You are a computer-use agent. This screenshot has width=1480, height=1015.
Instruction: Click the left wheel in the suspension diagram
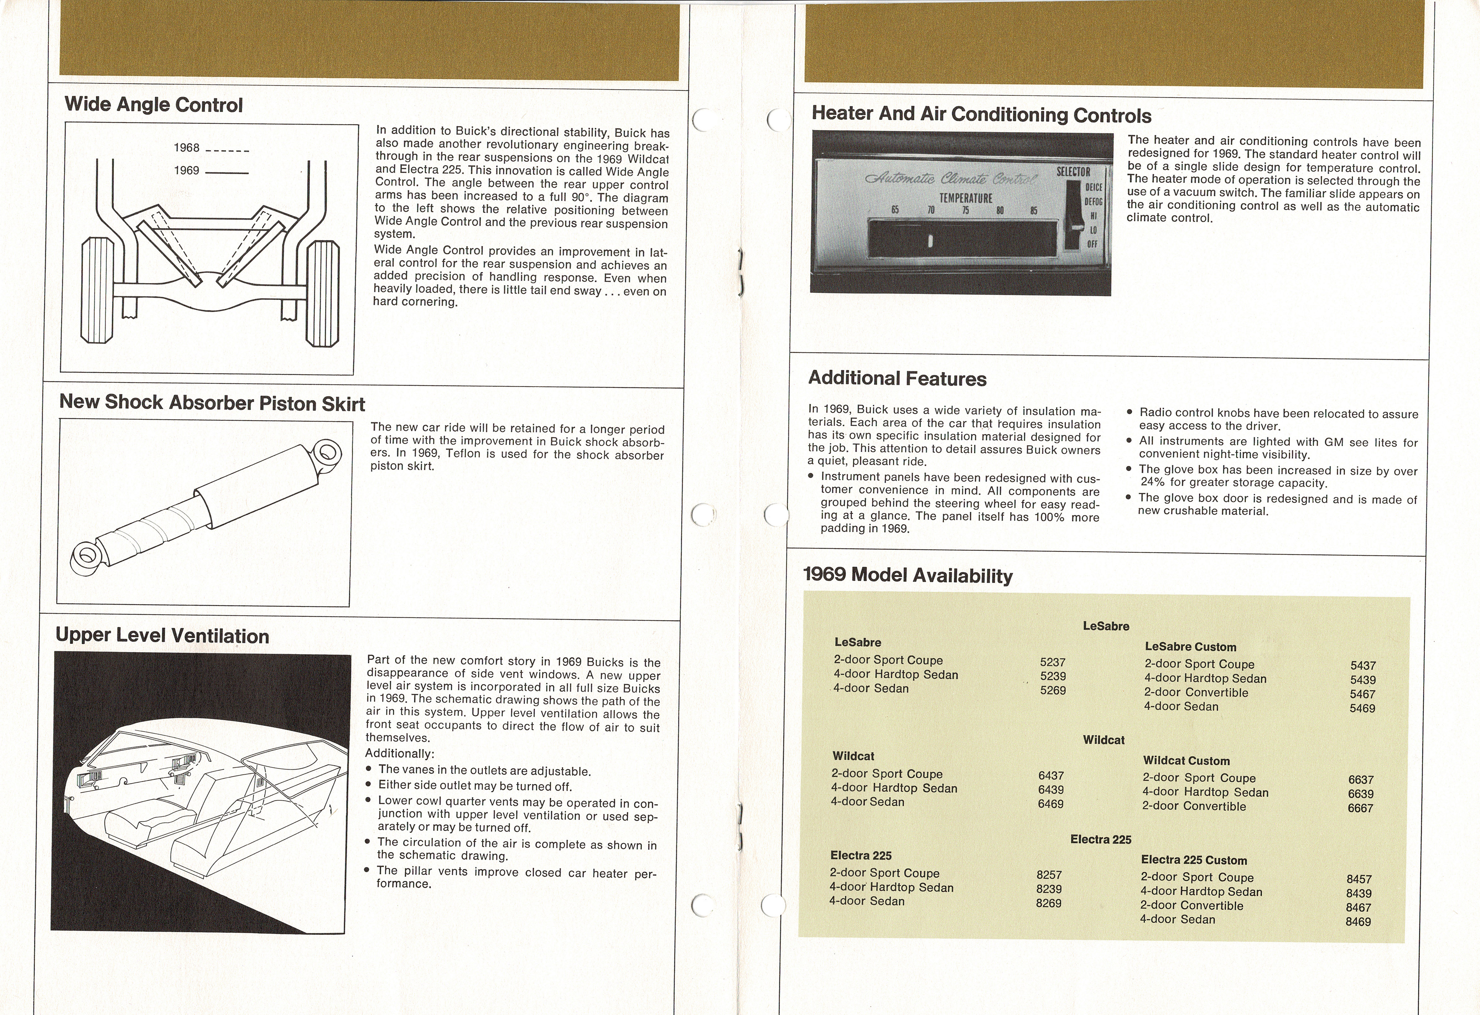[x=97, y=290]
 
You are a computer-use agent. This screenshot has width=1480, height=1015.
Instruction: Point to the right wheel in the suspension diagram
[x=323, y=293]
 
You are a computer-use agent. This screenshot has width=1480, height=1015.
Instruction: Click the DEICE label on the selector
[x=1094, y=187]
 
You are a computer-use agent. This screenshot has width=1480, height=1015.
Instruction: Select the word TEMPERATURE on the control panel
[x=965, y=198]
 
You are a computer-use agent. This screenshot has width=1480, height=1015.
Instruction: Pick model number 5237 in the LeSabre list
[x=1053, y=662]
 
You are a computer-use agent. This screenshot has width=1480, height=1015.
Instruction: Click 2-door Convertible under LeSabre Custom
[x=1196, y=692]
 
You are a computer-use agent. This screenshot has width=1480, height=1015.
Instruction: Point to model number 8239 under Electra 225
[x=1049, y=889]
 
